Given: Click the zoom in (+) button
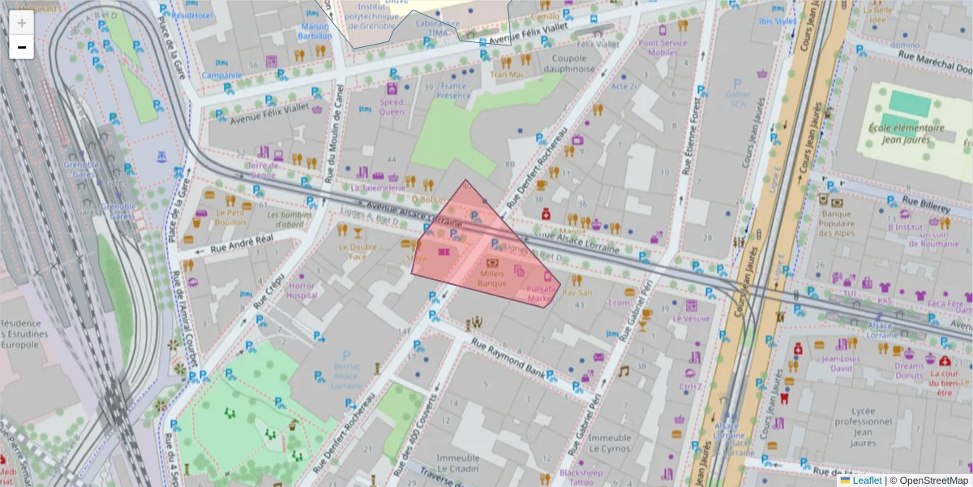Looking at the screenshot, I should (x=21, y=23).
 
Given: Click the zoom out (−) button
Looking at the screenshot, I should (x=21, y=47).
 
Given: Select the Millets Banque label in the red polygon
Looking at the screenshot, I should (x=491, y=278).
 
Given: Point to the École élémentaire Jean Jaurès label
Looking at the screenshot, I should (x=906, y=133).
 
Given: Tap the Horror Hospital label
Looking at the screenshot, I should (x=301, y=291).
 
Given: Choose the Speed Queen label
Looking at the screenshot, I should (x=392, y=107).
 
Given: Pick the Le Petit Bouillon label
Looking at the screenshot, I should (x=230, y=218).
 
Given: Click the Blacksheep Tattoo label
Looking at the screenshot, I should (x=581, y=476).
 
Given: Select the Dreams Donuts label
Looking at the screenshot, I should (x=909, y=370).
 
